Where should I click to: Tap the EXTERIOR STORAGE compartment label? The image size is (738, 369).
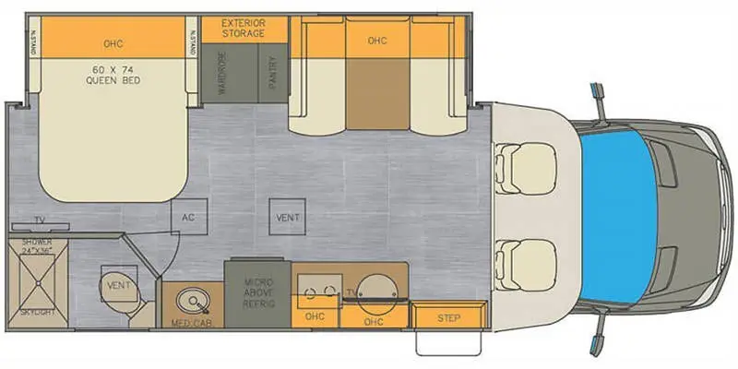point(243,28)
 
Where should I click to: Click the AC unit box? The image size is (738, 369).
point(189,219)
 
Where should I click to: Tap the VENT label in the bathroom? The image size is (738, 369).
point(119,285)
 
